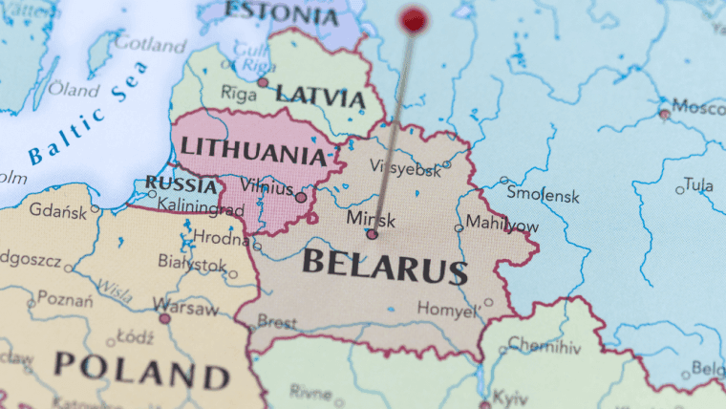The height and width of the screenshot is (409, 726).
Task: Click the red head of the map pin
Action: coord(414,19)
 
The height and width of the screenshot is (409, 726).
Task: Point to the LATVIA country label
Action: coord(320,97)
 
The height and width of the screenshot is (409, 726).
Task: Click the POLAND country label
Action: coord(141,367)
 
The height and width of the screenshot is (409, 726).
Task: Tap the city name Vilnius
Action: coord(267,185)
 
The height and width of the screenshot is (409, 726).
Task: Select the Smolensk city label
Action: coord(543,194)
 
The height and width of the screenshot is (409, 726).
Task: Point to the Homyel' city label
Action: coord(447,311)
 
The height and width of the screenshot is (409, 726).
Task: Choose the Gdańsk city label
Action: coord(57,209)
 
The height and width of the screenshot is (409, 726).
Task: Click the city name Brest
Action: coord(277,323)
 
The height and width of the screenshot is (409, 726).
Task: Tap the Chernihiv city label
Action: coord(544,344)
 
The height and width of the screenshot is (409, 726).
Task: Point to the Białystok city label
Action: coord(192,264)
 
